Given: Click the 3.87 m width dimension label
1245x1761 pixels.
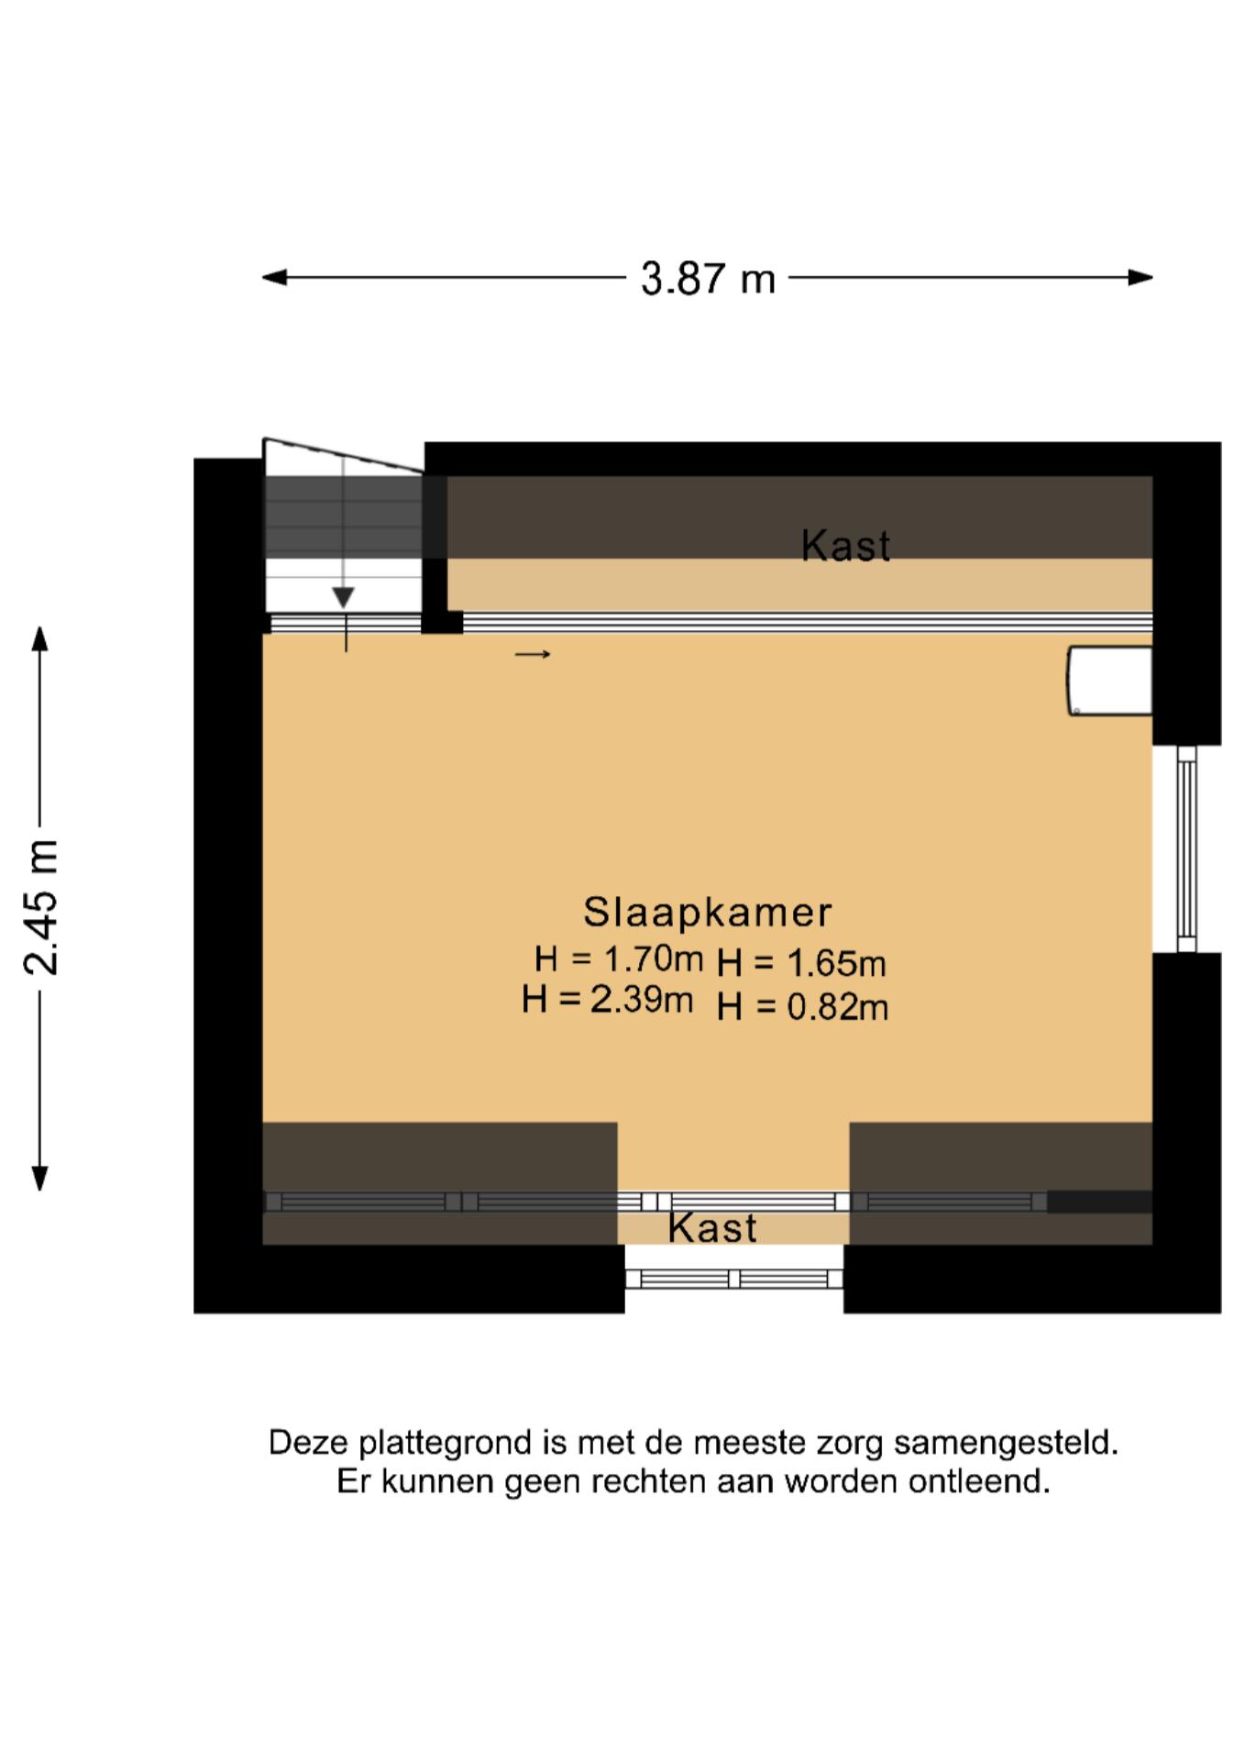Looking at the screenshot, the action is click(708, 278).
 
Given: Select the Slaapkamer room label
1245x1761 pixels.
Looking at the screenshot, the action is click(707, 913).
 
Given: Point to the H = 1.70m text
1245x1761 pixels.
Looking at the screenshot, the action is click(619, 959).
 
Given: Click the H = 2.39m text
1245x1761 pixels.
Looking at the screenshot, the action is click(607, 999).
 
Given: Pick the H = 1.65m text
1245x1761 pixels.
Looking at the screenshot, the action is click(801, 963).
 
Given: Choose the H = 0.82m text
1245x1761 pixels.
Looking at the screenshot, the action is click(802, 1007).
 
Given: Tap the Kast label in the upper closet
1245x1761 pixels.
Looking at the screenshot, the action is click(845, 546).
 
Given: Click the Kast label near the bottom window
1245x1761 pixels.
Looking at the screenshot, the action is click(712, 1228).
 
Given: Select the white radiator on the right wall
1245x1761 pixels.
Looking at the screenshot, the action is click(1109, 681).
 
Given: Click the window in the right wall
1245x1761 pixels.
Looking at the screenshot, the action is click(1186, 848).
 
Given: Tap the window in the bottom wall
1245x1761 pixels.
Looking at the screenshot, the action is click(734, 1279).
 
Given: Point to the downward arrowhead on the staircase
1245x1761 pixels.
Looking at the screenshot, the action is click(343, 598).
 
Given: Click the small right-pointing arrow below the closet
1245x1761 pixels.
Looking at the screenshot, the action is click(533, 654).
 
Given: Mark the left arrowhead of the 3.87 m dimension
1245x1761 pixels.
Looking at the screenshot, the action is click(274, 277).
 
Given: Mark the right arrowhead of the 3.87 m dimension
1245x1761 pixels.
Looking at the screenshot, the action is click(1140, 277).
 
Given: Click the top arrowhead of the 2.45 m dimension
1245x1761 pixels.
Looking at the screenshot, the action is click(39, 638).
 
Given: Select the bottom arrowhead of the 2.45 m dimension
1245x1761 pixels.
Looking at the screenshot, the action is click(39, 1179).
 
